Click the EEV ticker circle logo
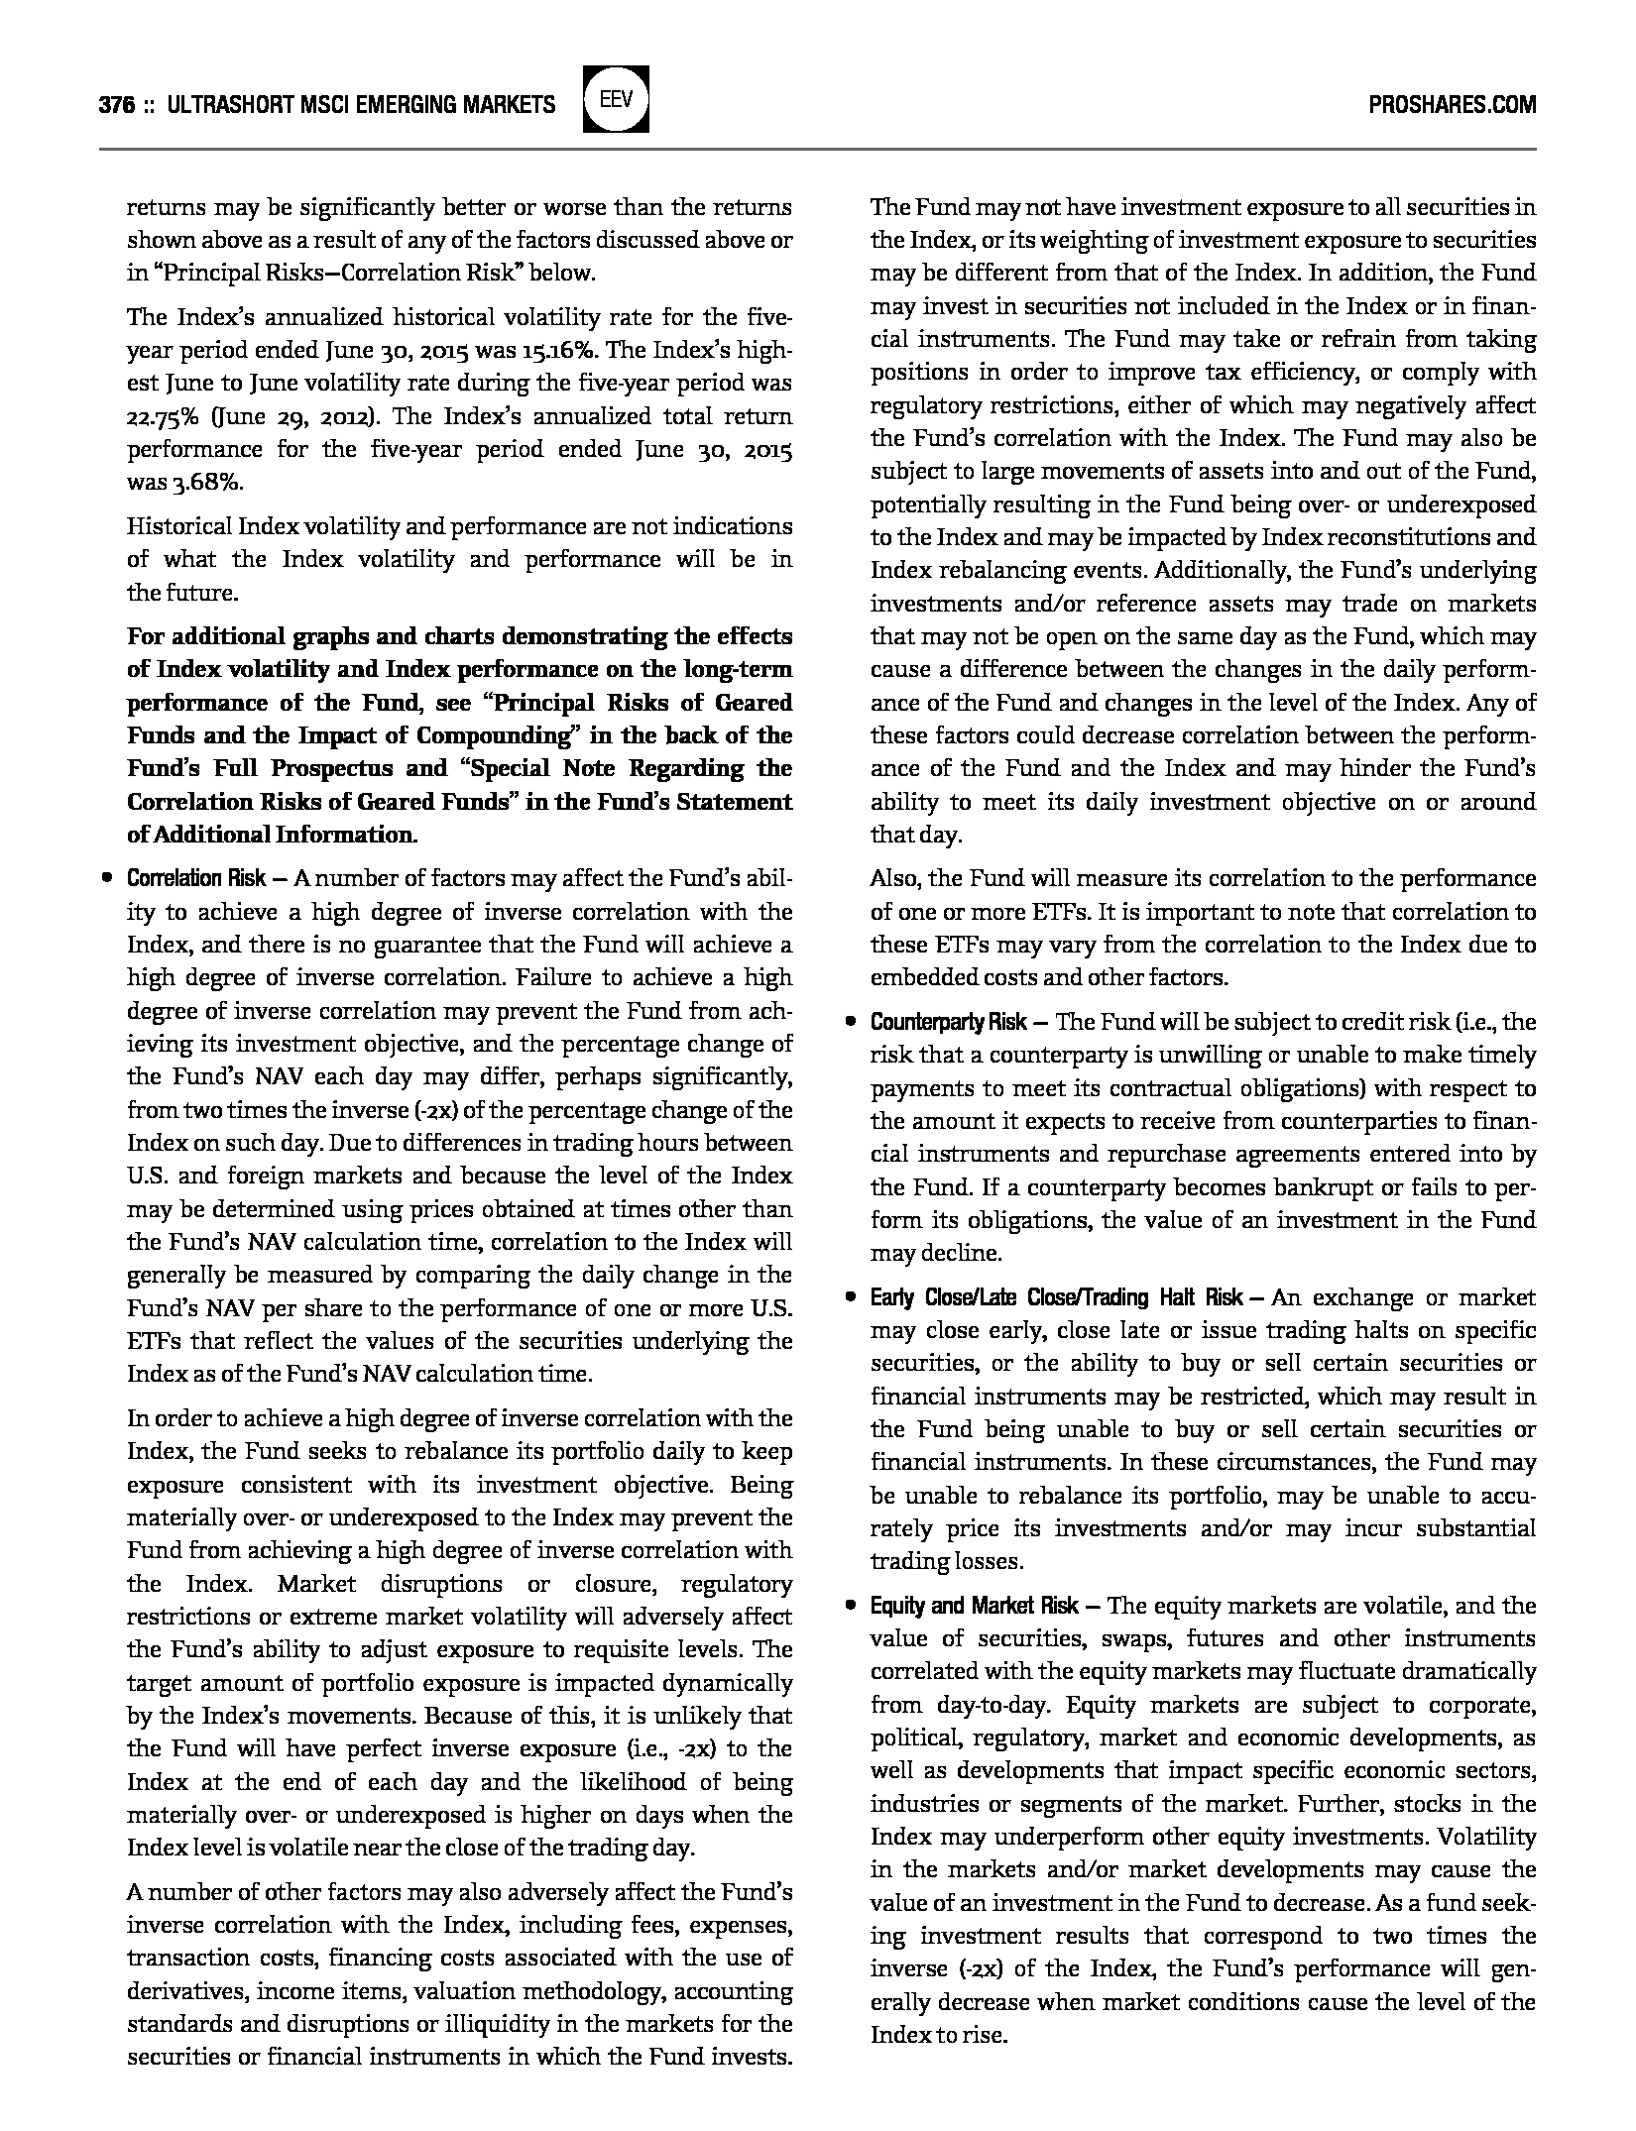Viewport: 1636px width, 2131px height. (x=616, y=99)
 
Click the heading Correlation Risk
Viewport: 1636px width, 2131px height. (x=196, y=878)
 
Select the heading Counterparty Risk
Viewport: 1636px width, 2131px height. (x=951, y=1022)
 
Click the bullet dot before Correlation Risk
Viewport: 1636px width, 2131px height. (x=104, y=878)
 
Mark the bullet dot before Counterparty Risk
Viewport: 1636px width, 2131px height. (x=850, y=1022)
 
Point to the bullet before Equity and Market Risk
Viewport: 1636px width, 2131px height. (x=850, y=1606)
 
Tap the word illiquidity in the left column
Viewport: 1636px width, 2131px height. (x=609, y=2024)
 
